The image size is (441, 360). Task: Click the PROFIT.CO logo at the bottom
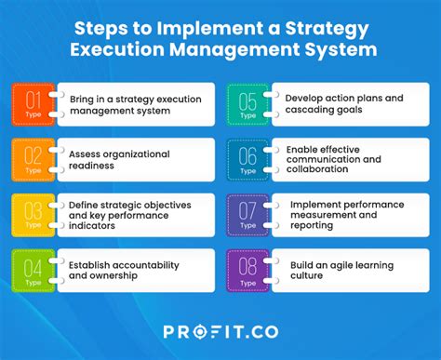click(220, 331)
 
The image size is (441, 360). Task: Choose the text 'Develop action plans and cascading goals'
click(343, 102)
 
